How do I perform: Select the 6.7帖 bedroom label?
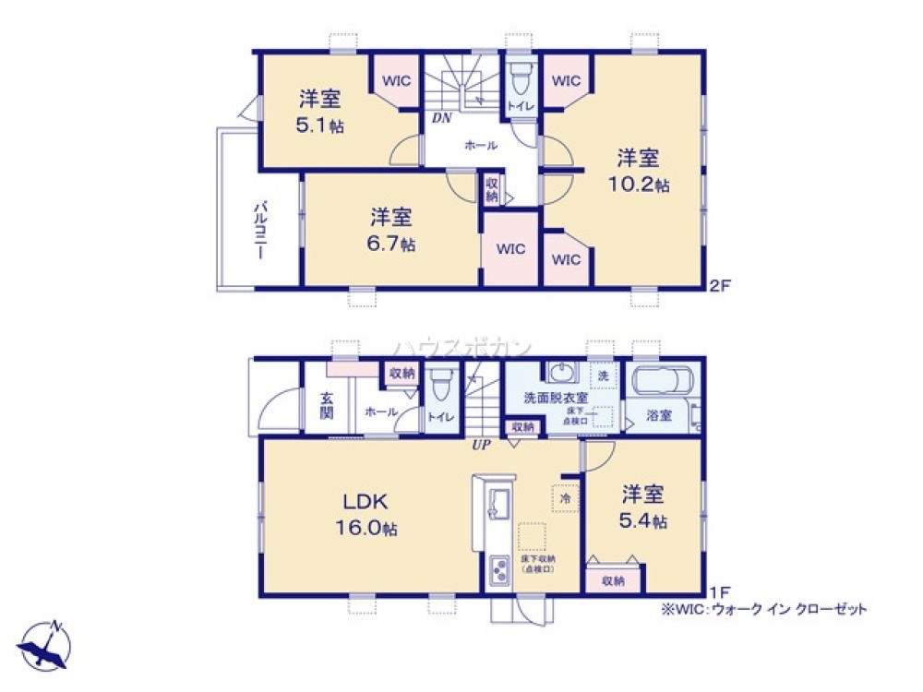click(392, 230)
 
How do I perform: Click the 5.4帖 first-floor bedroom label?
click(643, 507)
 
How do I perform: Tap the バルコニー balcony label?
click(260, 228)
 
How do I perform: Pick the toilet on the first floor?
click(441, 381)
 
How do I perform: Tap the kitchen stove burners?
click(499, 572)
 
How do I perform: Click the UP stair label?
click(481, 445)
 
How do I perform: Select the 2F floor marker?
click(720, 286)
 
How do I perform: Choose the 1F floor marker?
click(720, 590)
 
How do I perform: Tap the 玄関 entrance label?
click(327, 405)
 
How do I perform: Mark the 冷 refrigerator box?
click(562, 495)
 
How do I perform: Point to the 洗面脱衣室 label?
click(549, 398)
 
